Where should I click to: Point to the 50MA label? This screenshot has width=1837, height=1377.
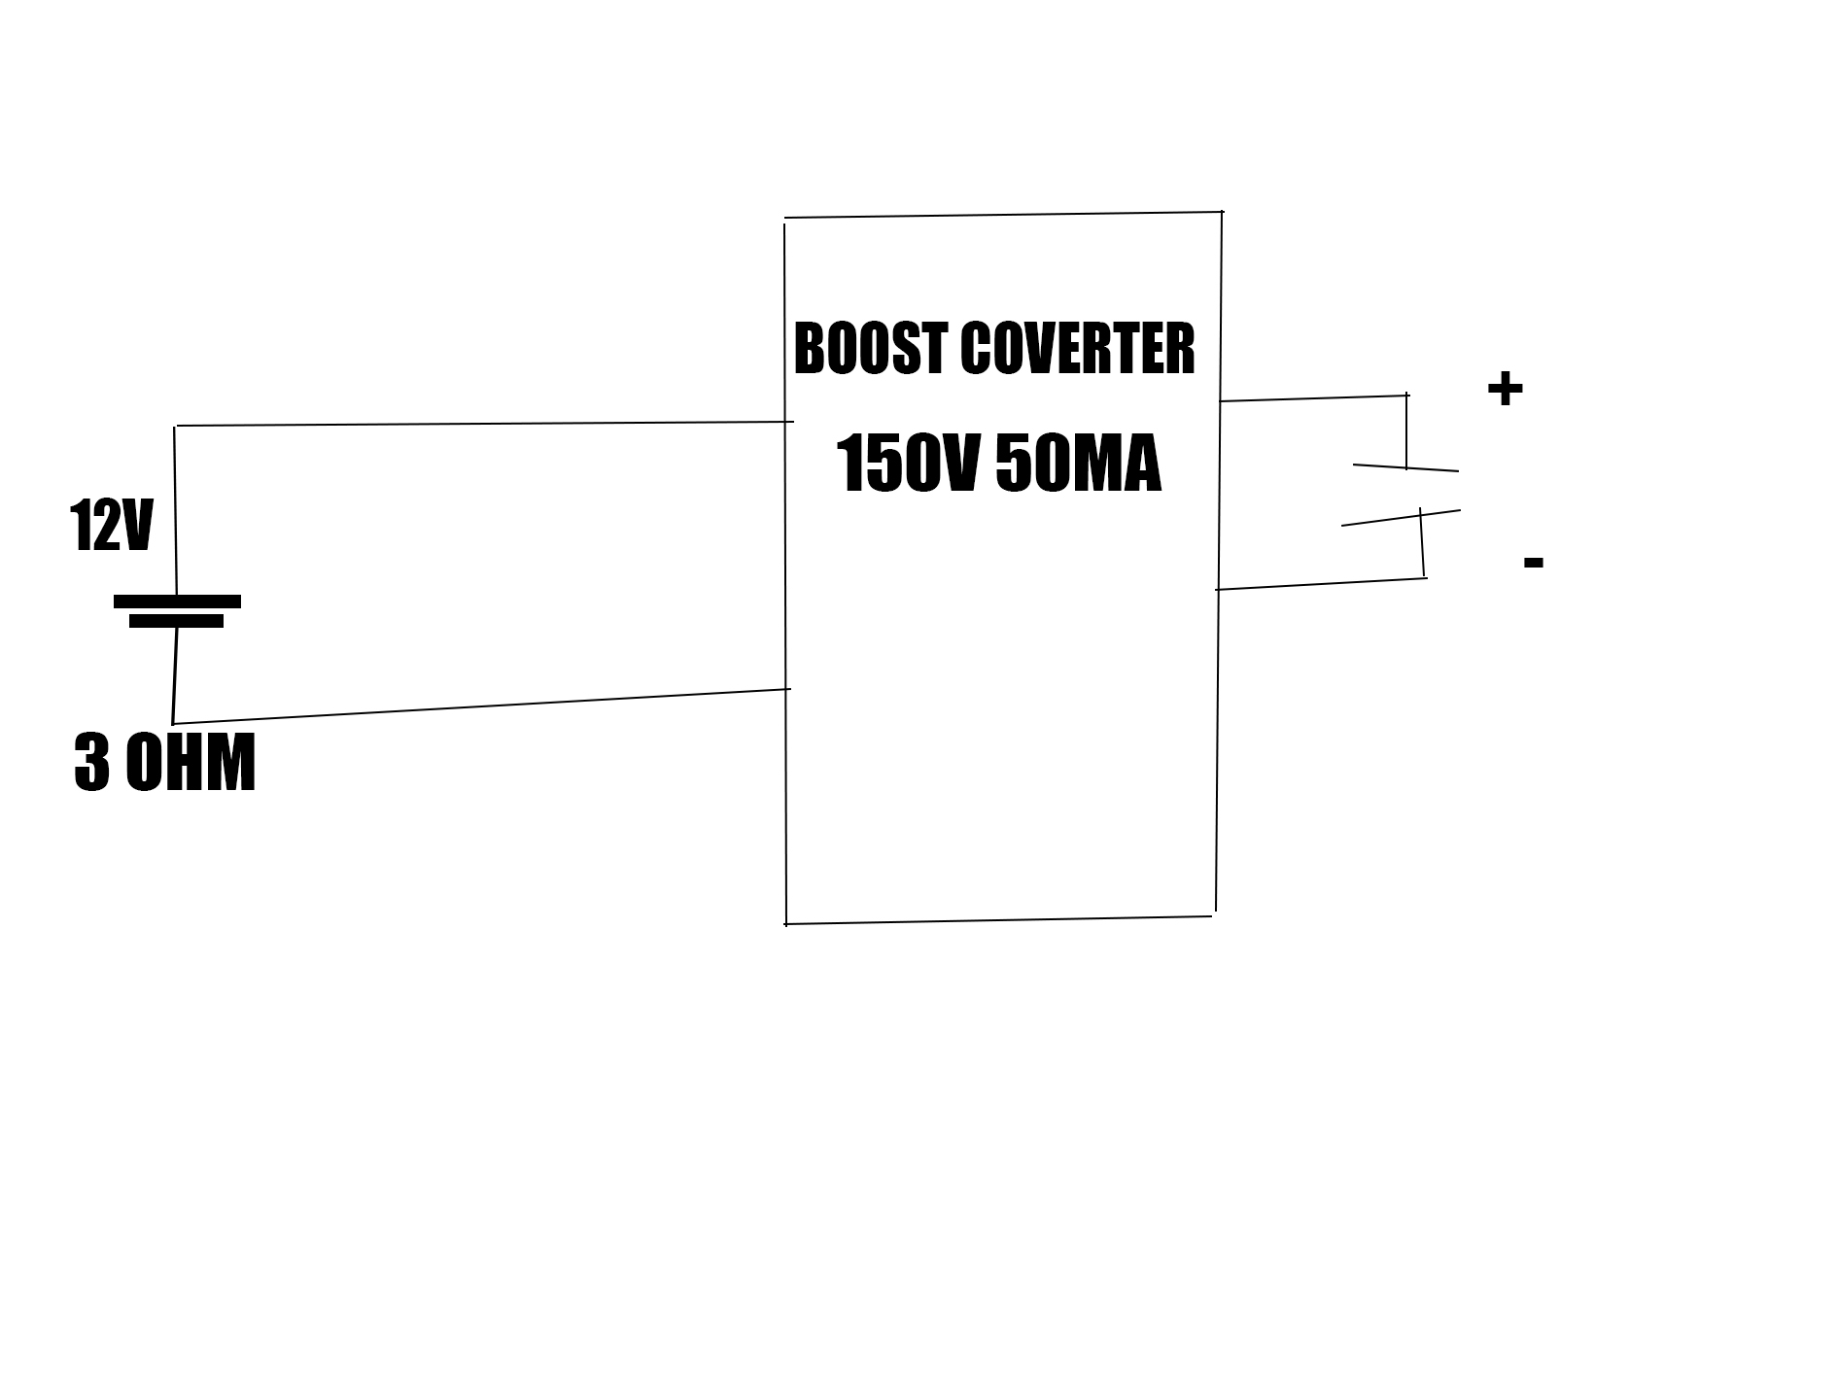1079,465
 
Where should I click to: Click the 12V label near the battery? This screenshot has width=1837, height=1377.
111,528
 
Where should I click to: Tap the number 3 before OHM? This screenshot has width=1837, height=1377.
91,764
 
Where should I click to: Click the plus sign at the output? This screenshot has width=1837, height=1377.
1505,390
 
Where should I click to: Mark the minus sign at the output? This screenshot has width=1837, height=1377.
1534,562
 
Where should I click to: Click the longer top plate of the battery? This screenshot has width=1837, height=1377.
177,602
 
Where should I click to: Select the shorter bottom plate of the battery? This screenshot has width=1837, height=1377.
176,621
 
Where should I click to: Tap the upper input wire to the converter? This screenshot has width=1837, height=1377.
486,424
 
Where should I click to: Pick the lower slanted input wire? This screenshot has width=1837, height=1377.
486,706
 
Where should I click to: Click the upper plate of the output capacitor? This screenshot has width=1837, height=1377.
1405,468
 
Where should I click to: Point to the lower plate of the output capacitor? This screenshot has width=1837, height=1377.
1401,518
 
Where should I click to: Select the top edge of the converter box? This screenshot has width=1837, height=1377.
1001,215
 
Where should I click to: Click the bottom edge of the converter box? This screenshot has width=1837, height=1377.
999,920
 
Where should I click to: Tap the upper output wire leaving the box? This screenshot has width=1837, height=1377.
1312,398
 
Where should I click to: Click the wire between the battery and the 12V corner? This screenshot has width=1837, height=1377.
175,510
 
